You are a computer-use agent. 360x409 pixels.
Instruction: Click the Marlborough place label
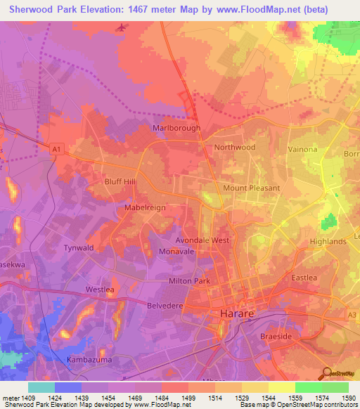[176, 129]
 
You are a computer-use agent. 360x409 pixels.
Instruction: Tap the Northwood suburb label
[235, 147]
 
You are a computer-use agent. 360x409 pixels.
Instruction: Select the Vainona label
[305, 149]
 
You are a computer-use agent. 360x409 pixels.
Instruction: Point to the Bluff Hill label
[120, 181]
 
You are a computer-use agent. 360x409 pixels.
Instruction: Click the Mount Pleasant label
[252, 188]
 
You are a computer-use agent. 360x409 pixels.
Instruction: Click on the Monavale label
[176, 251]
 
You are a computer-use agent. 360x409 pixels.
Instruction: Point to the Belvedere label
[165, 306]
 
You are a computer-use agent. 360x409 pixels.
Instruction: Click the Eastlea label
[304, 278]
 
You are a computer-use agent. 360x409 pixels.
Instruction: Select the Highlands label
[328, 241]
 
